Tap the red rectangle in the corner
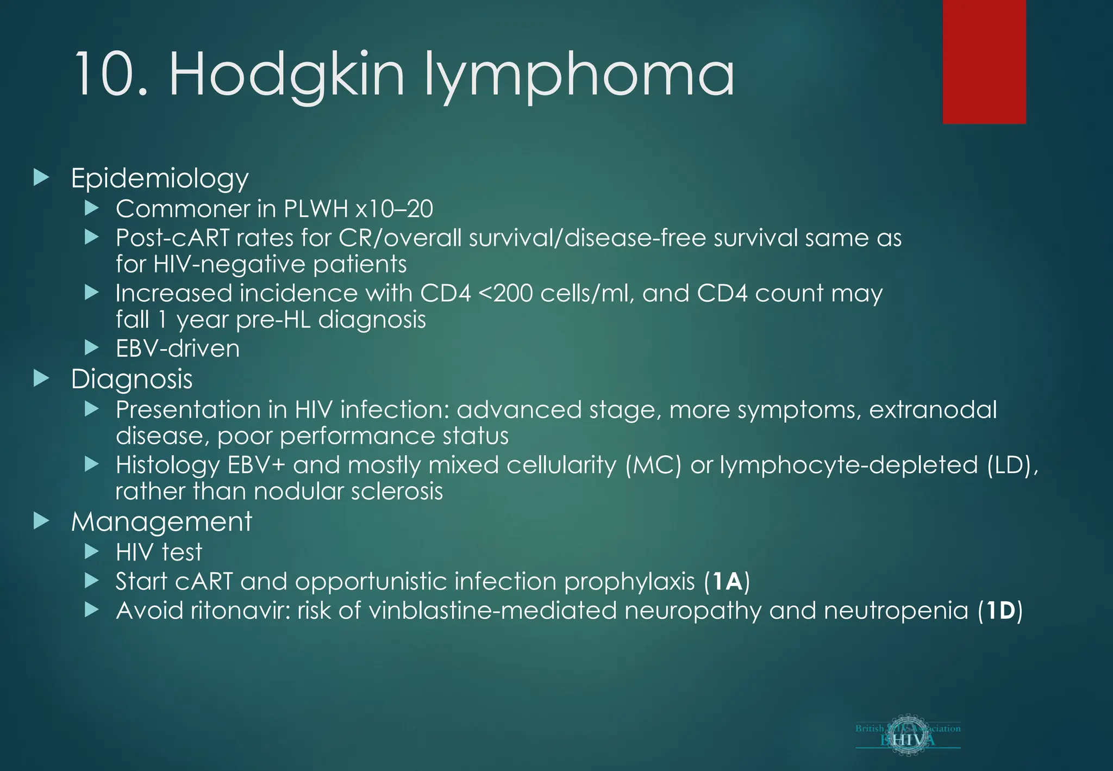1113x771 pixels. (984, 61)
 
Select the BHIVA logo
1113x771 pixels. (908, 736)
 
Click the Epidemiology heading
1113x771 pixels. (160, 179)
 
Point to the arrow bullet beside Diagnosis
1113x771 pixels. (41, 378)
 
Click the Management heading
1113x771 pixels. (161, 522)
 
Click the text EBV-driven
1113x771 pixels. (178, 349)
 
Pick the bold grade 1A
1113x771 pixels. (727, 582)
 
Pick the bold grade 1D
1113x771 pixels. (1000, 611)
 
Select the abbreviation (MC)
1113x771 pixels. (653, 465)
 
